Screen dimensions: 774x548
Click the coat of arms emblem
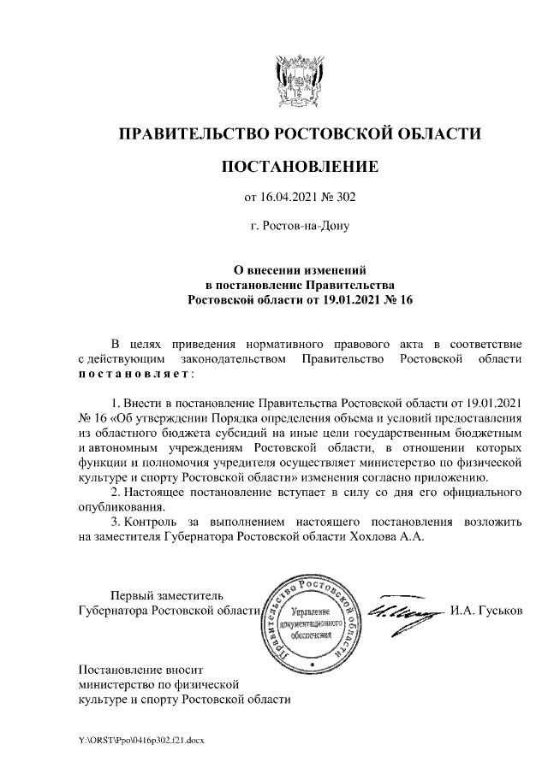point(299,80)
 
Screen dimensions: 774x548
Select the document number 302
point(343,198)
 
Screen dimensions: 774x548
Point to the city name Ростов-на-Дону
point(306,227)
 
